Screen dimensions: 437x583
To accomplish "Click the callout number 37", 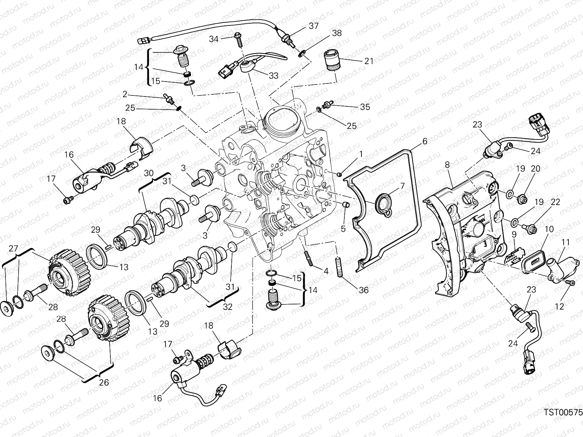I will (313, 26).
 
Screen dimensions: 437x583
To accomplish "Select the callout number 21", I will (369, 61).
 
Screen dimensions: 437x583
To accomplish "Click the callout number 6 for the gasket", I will (424, 142).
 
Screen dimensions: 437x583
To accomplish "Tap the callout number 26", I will (104, 382).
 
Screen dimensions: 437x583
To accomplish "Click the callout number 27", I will (13, 249).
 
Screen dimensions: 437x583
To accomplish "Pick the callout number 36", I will (364, 290).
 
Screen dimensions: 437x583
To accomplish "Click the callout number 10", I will (549, 229).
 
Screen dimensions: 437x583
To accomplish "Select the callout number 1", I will (361, 154).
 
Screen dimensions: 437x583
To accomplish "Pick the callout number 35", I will (365, 107).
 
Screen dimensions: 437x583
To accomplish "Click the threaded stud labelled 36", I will (339, 267).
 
